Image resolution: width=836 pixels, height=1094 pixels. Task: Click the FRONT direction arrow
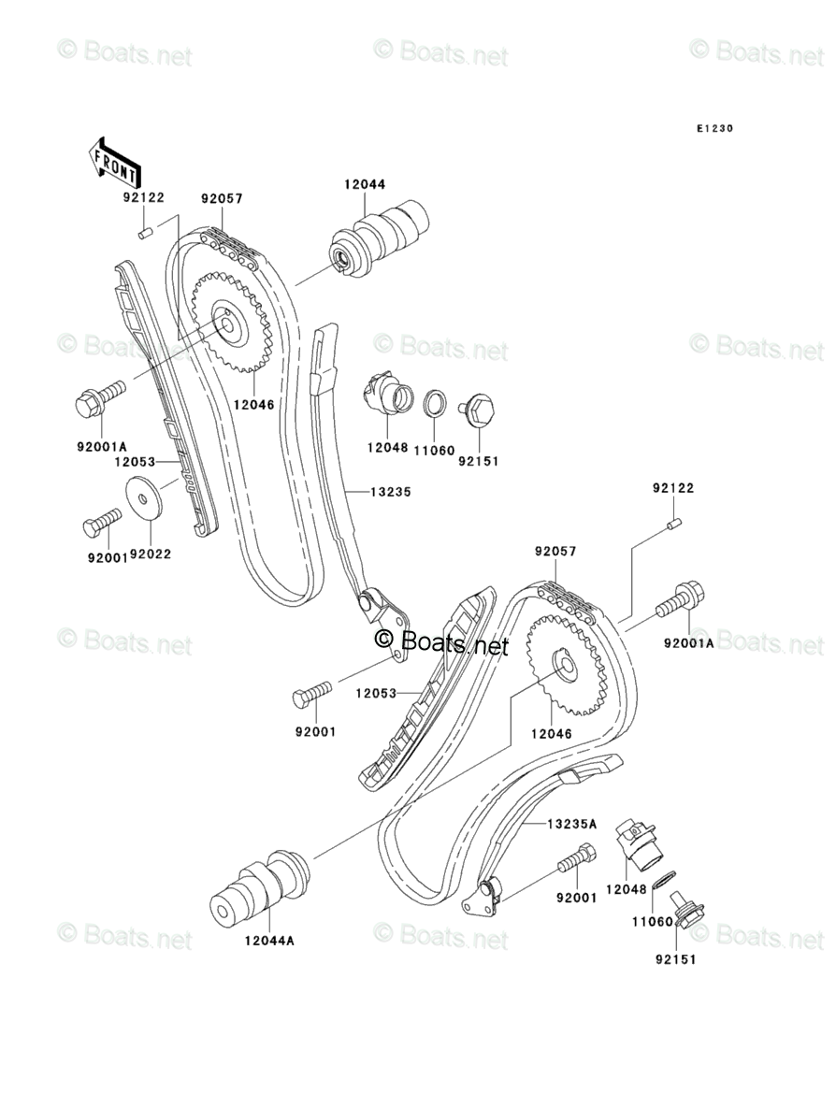click(115, 160)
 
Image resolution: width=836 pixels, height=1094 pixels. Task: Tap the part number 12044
click(365, 186)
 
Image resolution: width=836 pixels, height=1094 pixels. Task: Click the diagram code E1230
click(713, 129)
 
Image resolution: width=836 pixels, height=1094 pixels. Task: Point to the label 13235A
click(571, 824)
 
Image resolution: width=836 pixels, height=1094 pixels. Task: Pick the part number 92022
click(150, 554)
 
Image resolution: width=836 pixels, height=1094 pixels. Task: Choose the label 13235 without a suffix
click(391, 491)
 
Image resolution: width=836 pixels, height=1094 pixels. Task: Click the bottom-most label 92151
click(676, 958)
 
